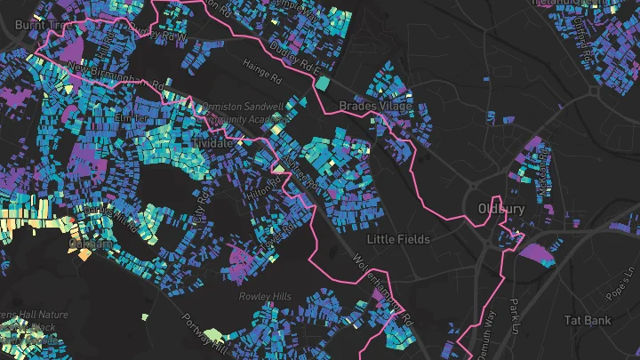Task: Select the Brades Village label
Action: pyautogui.click(x=376, y=107)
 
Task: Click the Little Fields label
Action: pyautogui.click(x=399, y=239)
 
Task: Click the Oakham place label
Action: pyautogui.click(x=92, y=243)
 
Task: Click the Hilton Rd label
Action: pyautogui.click(x=264, y=188)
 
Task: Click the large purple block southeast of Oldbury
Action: pyautogui.click(x=536, y=254)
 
